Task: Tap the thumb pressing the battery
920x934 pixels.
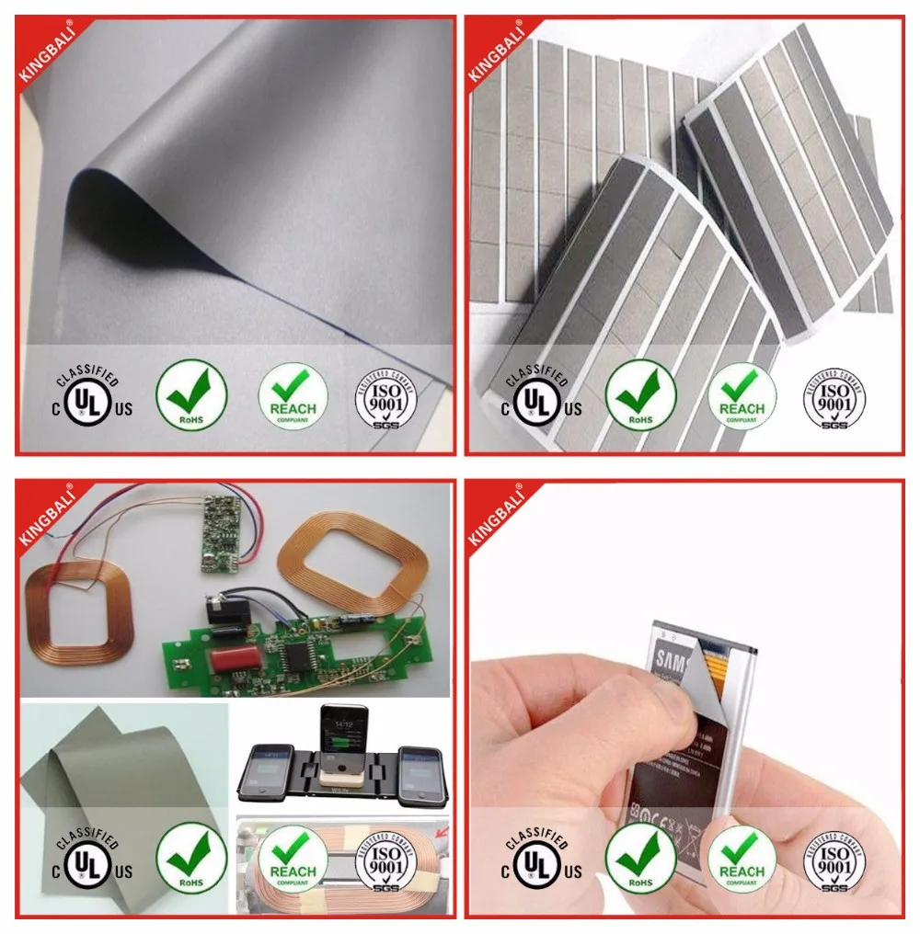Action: (x=644, y=712)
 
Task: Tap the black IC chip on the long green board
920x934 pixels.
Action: (x=297, y=652)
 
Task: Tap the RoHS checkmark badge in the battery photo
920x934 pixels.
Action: (x=640, y=860)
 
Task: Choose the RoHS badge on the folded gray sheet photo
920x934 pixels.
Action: (x=191, y=395)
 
